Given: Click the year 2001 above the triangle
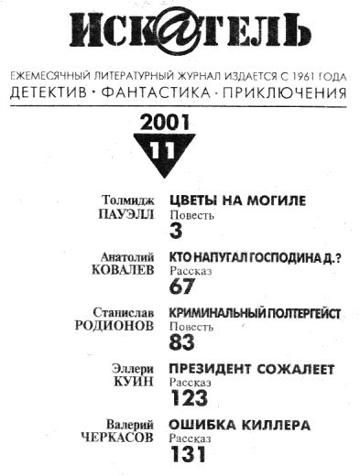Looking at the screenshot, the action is coord(165,123).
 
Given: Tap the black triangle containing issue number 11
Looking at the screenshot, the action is coord(165,153).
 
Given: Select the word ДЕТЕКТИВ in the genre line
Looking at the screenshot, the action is coord(49,92).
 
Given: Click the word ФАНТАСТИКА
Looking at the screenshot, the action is coord(156,92).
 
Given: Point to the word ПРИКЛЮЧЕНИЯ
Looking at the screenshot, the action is coord(285,92).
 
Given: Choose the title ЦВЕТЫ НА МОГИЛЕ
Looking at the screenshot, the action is coord(237,200).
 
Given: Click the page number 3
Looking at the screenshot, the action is coord(176,231).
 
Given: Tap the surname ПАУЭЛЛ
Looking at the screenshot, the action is coord(126,214).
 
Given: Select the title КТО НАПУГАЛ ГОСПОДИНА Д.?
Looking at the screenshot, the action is coord(256,258).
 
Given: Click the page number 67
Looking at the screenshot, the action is coord(181,287).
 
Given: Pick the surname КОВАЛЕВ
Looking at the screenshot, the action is coord(123,270).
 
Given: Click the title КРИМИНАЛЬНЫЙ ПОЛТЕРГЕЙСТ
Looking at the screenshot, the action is coord(255,314).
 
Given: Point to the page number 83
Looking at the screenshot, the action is coord(181,342).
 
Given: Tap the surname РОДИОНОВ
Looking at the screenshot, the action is coord(115,326).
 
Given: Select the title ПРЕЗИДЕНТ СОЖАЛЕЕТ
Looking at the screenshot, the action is coord(252,370).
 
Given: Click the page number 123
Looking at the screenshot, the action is coord(189,398).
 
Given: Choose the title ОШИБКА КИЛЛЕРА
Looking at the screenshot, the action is coord(240,426).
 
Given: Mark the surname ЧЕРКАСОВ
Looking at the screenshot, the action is coord(117,438).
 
